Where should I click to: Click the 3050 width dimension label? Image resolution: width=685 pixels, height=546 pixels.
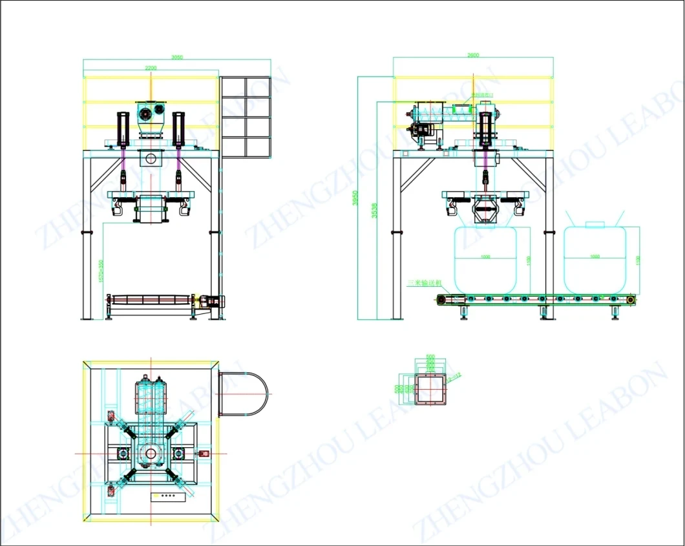(176, 58)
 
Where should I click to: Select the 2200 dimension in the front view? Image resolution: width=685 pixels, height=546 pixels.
(150, 68)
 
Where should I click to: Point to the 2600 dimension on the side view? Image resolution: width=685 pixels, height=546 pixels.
(473, 56)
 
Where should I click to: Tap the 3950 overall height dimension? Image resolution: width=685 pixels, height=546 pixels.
(353, 198)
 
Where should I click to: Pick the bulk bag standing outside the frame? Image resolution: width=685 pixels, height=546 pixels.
(595, 258)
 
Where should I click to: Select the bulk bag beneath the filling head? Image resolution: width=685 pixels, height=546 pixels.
(486, 258)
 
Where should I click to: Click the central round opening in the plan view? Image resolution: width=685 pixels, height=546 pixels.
(151, 453)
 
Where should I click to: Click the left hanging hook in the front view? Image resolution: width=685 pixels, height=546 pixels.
(117, 207)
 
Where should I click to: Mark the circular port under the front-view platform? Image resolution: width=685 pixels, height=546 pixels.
(151, 159)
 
